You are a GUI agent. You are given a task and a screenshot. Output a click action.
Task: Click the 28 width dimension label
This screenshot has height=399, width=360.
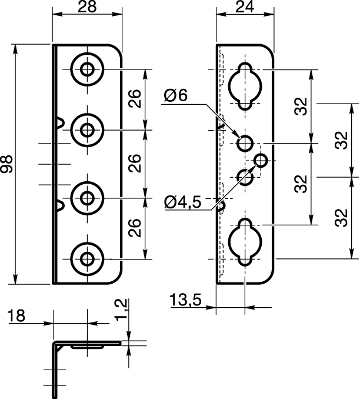[x=87, y=7]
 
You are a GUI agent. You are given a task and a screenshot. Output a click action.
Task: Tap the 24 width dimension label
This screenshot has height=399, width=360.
[x=245, y=7]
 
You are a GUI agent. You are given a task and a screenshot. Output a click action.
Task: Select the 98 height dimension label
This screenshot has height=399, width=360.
[x=7, y=164]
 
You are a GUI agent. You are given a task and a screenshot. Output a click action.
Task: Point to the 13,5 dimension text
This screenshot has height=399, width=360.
[x=185, y=300]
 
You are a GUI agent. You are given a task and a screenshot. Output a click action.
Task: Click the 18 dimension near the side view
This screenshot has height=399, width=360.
[x=16, y=315]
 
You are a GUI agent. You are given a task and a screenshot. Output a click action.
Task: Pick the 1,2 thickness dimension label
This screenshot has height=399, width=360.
[x=121, y=310]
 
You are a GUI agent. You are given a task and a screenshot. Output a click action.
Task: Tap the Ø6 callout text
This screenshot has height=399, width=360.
[x=175, y=95]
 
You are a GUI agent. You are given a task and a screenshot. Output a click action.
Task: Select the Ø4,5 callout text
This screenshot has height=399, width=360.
[x=183, y=202]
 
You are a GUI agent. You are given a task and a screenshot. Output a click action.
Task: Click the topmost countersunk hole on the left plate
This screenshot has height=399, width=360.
[x=87, y=69]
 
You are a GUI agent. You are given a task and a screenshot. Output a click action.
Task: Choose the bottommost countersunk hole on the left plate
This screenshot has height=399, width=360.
[x=87, y=259]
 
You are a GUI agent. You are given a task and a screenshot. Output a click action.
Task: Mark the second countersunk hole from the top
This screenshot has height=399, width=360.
[x=87, y=130]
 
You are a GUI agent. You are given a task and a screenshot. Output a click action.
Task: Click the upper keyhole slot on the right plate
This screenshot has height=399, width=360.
[x=245, y=87]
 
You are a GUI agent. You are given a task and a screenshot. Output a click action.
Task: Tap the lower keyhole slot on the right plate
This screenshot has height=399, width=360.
[x=245, y=242]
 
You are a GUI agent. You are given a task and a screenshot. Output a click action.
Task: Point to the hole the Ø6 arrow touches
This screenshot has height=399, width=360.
[x=245, y=144]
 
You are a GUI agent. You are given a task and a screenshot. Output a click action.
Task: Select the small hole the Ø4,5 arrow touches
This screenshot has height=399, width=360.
[x=261, y=161]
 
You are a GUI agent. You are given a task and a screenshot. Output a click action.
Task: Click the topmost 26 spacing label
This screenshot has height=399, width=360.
[x=135, y=98]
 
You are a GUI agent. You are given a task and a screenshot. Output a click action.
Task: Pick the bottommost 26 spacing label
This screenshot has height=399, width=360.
[x=135, y=228]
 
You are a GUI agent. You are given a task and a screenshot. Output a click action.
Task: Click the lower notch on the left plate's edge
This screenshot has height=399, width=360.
[x=60, y=205]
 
